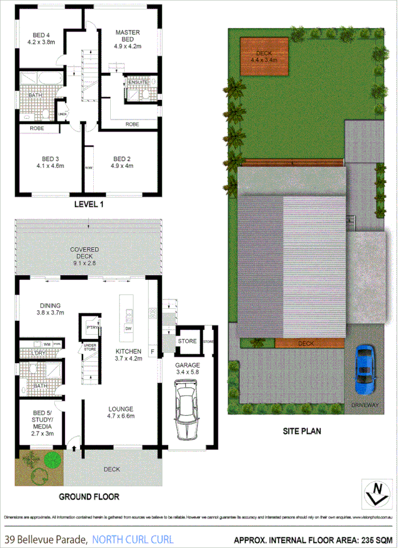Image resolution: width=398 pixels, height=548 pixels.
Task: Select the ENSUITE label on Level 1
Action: [x=138, y=82]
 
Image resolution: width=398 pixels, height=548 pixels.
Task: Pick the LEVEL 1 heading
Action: [x=89, y=204]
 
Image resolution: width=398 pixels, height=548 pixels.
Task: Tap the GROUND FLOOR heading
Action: [x=89, y=496]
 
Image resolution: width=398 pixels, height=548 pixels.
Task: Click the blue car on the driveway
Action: [x=365, y=371]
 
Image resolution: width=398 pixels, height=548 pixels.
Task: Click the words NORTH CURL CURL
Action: [x=133, y=539]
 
